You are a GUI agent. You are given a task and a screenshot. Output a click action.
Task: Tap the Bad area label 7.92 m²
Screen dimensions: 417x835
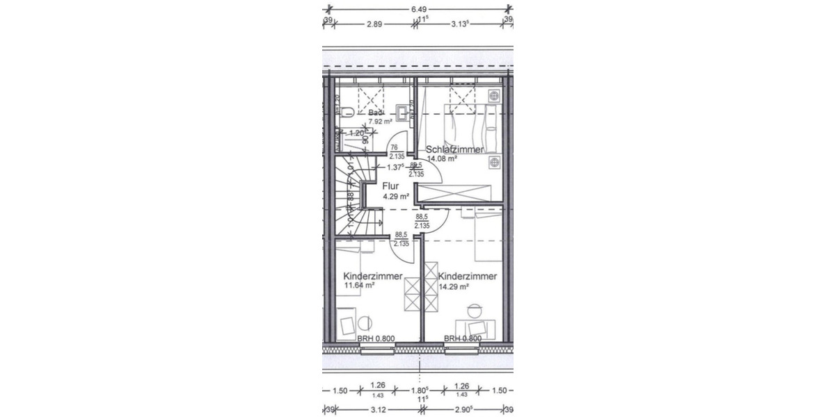coord(381,121)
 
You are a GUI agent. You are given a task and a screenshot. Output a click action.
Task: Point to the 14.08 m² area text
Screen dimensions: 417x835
coord(442,158)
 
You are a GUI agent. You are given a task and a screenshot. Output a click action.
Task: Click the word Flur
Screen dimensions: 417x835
coord(390,186)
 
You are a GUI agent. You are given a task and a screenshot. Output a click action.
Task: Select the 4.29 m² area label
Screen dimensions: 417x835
coord(395,197)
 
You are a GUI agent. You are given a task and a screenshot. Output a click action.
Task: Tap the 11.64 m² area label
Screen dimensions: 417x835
coord(360,285)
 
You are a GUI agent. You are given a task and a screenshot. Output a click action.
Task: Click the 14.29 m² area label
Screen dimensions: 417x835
coord(454,285)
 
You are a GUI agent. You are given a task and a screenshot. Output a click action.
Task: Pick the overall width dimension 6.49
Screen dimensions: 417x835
coord(418,9)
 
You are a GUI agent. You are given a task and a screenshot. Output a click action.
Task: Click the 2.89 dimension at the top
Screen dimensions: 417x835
coord(375,24)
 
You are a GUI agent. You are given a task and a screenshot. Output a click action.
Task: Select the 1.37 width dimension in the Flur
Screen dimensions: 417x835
coord(395,167)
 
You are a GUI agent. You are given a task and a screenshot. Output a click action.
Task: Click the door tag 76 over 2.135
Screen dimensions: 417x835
coord(397,152)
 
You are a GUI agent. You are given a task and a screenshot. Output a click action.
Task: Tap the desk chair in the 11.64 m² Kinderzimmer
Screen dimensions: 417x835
coord(364,323)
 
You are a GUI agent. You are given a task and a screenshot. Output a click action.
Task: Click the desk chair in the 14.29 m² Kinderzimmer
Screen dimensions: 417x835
coord(475,311)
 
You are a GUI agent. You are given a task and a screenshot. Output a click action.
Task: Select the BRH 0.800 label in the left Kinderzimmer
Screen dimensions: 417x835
coord(376,339)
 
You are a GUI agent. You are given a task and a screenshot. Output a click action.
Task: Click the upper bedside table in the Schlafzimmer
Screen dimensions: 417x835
coord(494,95)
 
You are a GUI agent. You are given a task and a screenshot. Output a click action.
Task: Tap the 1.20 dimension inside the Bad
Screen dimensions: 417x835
coord(356,133)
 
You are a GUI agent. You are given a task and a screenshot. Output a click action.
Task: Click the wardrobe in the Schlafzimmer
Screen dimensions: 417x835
coord(459,194)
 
